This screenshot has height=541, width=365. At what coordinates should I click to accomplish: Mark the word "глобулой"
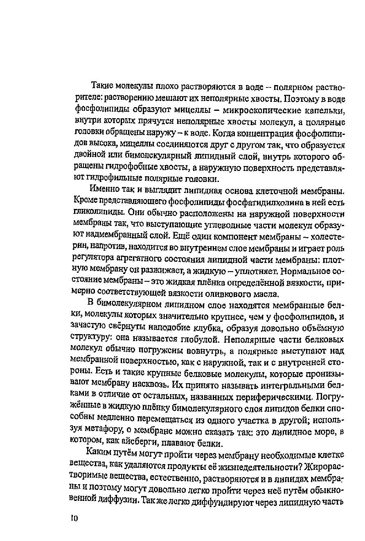point(202,339)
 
